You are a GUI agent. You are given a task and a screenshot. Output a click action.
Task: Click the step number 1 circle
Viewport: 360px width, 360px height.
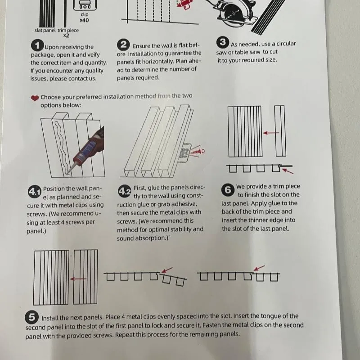(37, 45)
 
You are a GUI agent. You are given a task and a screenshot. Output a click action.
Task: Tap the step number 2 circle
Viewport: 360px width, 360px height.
(123, 45)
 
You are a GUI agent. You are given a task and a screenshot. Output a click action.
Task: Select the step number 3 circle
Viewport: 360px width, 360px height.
(222, 42)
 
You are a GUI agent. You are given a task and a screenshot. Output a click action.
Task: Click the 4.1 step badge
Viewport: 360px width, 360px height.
(35, 192)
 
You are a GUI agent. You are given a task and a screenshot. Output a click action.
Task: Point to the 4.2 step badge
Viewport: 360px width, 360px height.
(125, 191)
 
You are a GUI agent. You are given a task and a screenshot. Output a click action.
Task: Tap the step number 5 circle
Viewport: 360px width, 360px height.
(31, 317)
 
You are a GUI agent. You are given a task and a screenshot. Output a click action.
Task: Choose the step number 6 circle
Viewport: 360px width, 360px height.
(228, 190)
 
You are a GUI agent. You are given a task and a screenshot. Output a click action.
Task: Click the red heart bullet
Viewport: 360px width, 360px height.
(35, 98)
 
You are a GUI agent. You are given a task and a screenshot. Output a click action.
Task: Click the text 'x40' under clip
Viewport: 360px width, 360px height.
(84, 20)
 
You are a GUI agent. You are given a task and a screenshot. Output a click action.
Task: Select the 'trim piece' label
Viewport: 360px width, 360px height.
(68, 30)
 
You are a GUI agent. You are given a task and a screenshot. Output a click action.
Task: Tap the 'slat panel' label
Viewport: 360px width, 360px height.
(45, 30)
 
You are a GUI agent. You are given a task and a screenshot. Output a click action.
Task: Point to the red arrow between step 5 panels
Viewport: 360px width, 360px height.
(78, 279)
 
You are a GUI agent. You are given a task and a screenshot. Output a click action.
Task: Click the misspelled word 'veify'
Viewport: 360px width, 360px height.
(93, 54)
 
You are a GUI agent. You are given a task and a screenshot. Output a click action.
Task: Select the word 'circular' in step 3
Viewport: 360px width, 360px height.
(286, 44)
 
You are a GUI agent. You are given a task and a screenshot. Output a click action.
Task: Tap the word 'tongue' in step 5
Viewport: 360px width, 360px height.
(271, 316)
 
